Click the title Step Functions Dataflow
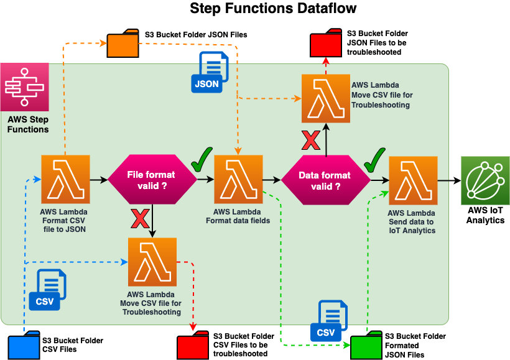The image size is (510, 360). click(273, 9)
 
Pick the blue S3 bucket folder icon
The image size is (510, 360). click(24, 346)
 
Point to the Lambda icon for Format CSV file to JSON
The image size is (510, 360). click(65, 180)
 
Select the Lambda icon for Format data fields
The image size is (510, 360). click(238, 180)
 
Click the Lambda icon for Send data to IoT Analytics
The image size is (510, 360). click(413, 180)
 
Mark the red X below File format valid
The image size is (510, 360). click(139, 219)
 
